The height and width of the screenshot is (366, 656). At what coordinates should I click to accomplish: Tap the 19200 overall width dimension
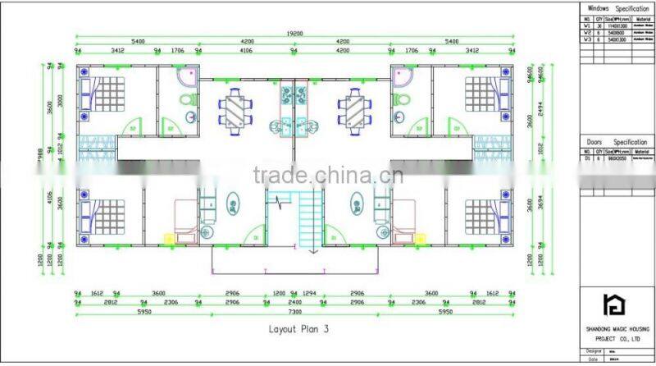tap(294, 34)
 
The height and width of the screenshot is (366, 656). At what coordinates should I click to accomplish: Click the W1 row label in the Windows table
tap(586, 25)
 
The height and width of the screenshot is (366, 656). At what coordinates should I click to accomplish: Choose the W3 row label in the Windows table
tap(586, 38)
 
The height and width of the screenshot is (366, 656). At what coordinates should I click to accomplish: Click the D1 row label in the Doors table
tap(586, 158)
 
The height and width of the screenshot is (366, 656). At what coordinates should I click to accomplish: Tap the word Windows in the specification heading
tap(594, 8)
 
